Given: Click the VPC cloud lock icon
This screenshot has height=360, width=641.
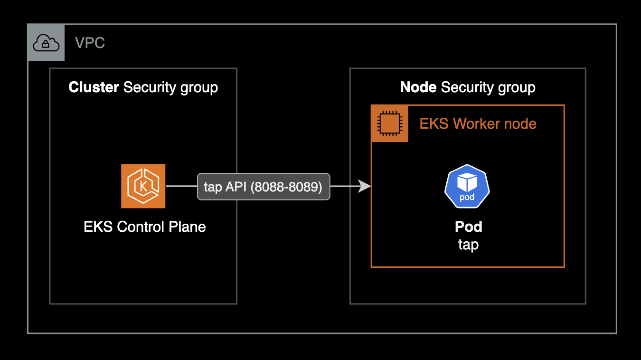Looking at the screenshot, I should point(46,43).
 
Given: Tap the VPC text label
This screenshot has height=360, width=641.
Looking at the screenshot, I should point(90,43).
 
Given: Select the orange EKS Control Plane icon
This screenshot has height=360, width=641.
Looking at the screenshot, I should point(143,186).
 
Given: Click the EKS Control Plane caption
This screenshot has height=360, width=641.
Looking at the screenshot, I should point(144,227).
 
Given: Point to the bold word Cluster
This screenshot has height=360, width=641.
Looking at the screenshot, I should point(94,87).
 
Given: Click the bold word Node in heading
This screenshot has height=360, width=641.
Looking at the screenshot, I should point(418,87).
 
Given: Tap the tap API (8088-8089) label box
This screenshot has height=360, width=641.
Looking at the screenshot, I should point(263,187).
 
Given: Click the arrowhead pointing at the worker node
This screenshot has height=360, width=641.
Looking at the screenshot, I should point(365,187).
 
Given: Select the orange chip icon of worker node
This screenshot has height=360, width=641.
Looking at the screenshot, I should point(389,123).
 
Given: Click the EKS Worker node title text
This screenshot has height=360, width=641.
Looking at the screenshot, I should point(478,124).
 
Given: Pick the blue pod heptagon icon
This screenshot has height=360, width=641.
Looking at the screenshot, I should point(467,186).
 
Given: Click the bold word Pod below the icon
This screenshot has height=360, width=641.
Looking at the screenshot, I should point(468,227).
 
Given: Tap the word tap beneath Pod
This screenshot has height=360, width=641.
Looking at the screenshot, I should point(468,245).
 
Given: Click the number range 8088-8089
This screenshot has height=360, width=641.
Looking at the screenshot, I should point(286,187).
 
